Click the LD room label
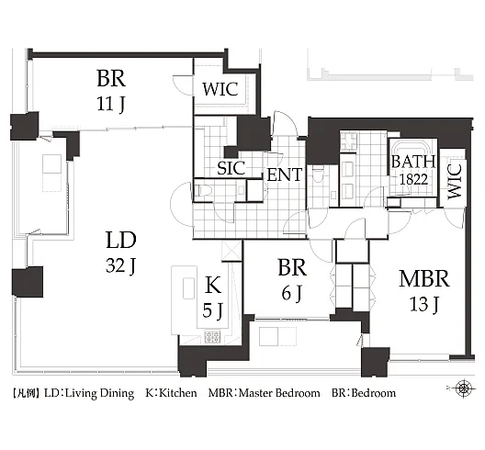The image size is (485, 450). tap(121, 241)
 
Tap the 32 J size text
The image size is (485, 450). tap(120, 265)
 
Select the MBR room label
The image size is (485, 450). tap(424, 278)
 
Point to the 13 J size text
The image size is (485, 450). tap(423, 304)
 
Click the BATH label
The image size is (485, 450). tap(413, 162)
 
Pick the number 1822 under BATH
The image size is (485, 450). tap(414, 179)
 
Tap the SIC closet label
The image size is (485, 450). tap(231, 168)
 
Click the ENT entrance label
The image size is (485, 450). tap(284, 174)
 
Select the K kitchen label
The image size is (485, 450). tap(213, 285)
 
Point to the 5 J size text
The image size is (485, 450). tap(212, 310)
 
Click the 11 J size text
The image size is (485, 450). tap(111, 104)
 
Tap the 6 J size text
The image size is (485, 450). tap(291, 293)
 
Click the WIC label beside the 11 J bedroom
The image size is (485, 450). tap(220, 89)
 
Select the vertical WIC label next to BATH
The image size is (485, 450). tap(455, 181)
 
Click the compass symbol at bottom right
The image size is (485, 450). tap(463, 388)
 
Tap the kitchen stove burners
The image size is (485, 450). tap(212, 336)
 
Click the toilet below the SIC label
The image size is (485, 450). tap(202, 190)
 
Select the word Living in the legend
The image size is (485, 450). tap(78, 393)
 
